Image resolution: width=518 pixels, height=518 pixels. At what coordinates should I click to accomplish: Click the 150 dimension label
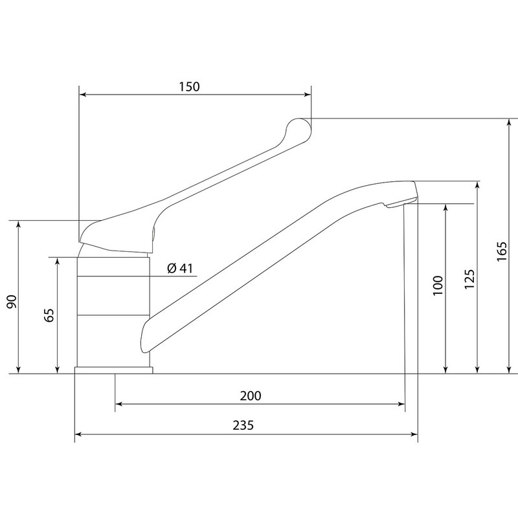click(189, 87)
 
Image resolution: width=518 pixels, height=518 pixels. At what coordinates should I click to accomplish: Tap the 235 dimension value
click(243, 425)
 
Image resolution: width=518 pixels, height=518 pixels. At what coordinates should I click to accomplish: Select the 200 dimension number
click(251, 396)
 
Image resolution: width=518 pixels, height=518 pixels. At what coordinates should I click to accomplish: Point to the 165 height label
click(502, 251)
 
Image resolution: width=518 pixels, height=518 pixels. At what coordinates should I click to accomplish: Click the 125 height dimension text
click(469, 279)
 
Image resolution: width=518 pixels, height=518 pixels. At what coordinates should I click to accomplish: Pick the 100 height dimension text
click(438, 286)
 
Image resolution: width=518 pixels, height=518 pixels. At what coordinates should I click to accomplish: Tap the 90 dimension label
click(12, 302)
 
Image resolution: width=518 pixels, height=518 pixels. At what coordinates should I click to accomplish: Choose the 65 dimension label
click(49, 315)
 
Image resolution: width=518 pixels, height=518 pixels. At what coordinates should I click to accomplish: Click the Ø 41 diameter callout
click(180, 268)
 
